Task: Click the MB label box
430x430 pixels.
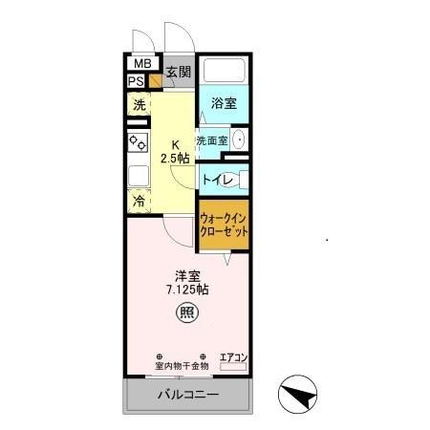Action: point(140,64)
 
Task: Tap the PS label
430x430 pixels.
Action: point(137,81)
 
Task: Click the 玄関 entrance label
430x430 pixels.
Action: point(178,72)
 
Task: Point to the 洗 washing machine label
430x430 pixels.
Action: point(139,105)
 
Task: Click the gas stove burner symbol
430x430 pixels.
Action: point(138,143)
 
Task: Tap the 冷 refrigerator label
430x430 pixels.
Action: point(139,202)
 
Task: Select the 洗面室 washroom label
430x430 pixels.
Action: point(211,140)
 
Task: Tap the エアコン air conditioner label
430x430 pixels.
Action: point(233,357)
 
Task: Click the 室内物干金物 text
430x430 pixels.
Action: point(182,366)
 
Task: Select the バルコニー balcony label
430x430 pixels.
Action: point(187,395)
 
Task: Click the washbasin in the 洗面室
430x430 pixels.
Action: point(239,140)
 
